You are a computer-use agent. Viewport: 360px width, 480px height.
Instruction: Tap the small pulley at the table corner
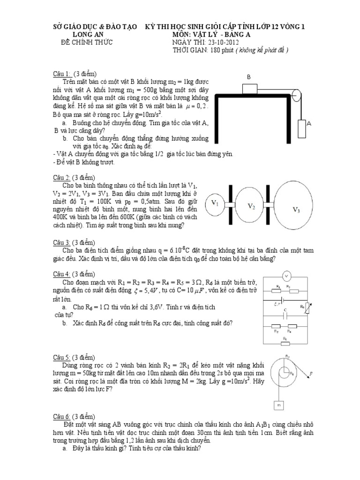(x=295, y=95)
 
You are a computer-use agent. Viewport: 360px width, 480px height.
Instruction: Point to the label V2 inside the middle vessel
(x=251, y=206)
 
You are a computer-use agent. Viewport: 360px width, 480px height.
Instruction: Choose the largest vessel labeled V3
(x=296, y=208)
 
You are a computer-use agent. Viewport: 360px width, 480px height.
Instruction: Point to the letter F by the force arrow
(x=311, y=374)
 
